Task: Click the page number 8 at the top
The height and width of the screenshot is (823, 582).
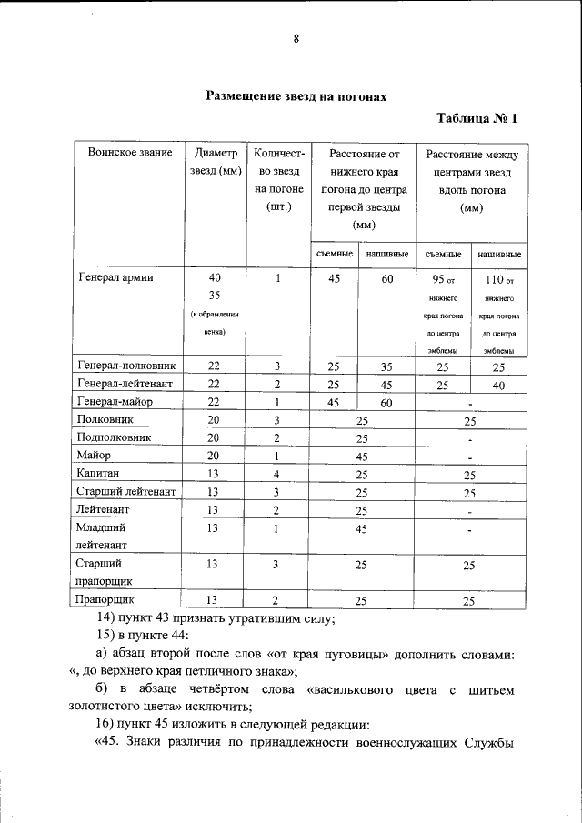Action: tap(296, 38)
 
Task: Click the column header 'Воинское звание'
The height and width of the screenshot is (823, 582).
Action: tap(125, 153)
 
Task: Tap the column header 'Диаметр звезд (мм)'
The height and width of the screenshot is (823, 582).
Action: tap(214, 163)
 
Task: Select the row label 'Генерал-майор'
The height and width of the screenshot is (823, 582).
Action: tap(115, 402)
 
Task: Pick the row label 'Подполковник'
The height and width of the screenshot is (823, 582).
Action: tap(114, 437)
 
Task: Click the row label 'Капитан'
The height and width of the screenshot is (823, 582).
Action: tap(97, 474)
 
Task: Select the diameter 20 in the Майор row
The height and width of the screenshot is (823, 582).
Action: tap(213, 456)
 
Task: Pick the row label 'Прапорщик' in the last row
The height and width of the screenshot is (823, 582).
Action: tap(106, 600)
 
